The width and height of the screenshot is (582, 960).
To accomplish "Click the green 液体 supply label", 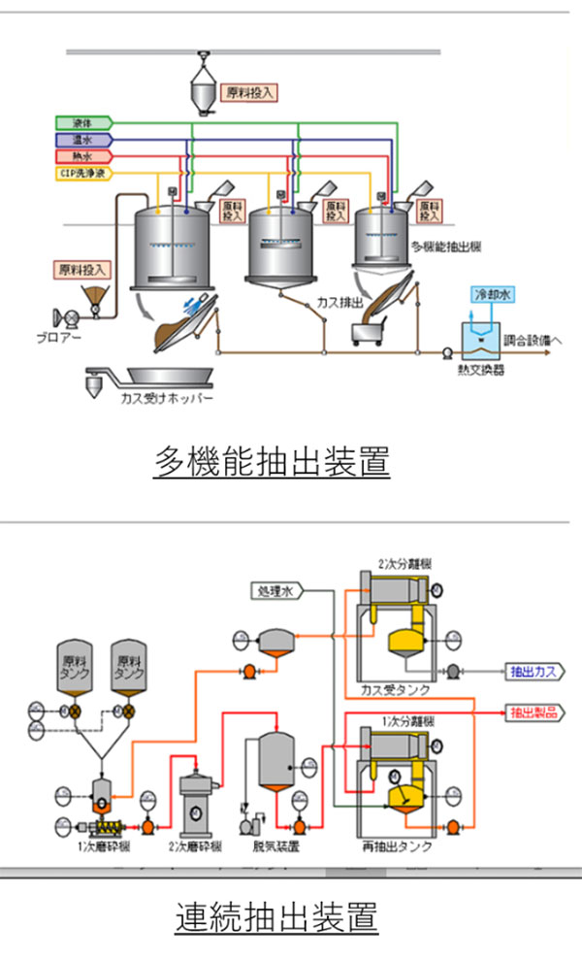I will click(x=83, y=123).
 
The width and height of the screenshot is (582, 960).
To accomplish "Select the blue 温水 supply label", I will click(x=83, y=140).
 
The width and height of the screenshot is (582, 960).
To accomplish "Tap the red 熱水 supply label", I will click(x=83, y=156).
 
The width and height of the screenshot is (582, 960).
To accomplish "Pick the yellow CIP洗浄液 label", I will click(x=83, y=173).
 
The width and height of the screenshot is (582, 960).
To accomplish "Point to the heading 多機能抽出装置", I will click(x=272, y=461).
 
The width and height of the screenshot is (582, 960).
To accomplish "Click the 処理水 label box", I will click(x=277, y=589).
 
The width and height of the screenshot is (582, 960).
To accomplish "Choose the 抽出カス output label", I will click(x=535, y=671).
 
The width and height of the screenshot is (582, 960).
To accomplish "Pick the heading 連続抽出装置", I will click(x=277, y=915).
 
